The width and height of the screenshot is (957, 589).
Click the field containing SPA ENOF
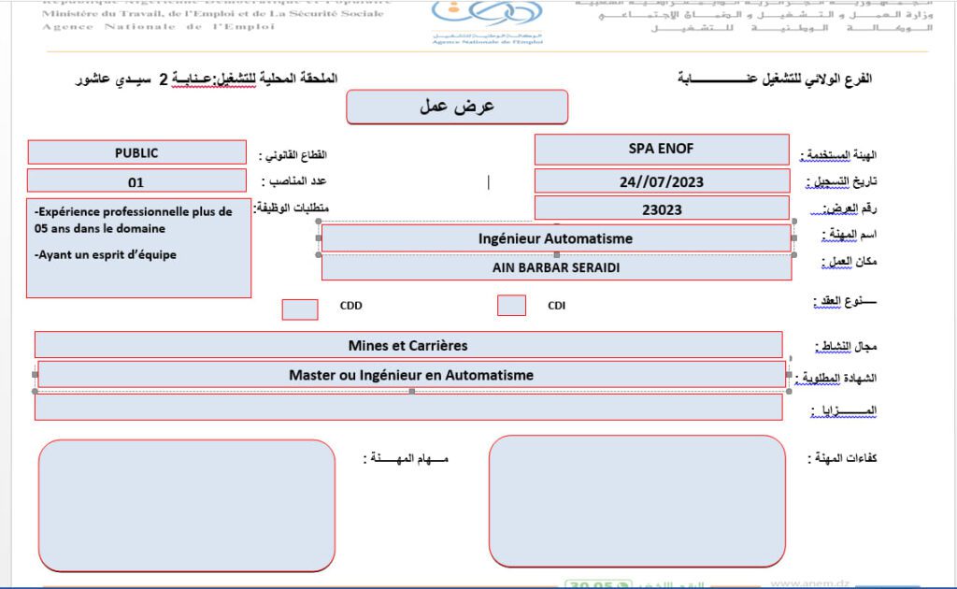coord(662,149)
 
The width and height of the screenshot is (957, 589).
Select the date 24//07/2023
coord(662,181)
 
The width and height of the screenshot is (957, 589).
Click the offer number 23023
coord(662,209)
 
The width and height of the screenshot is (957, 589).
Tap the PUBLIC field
coord(136,152)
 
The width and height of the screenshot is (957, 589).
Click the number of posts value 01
coord(136,182)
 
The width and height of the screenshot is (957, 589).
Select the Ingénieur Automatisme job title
coord(555,238)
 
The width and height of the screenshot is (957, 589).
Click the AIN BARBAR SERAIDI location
coord(555,267)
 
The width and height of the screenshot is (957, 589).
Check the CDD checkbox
coord(300,309)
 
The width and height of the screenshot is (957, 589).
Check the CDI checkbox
coord(511,306)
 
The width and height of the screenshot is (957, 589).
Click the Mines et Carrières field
coord(408,345)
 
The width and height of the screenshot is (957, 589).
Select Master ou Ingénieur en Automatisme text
coord(411,375)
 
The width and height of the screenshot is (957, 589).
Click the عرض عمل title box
coord(457,107)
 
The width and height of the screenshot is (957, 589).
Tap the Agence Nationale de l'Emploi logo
coord(487,21)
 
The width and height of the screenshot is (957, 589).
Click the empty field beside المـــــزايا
coord(408,408)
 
